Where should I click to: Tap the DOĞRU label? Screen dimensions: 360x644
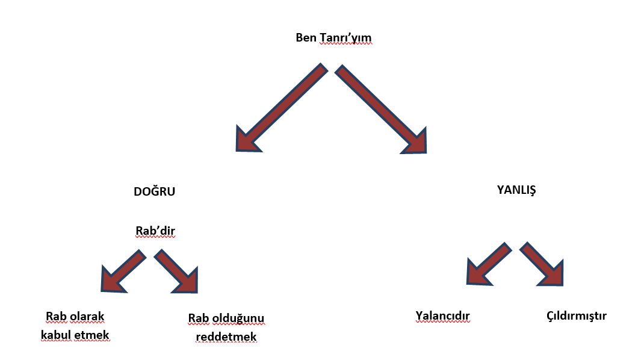(x=154, y=191)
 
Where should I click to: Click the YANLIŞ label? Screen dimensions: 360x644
(x=516, y=190)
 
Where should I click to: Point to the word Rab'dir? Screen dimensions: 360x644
(x=155, y=231)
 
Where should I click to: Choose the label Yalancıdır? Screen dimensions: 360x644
(x=442, y=316)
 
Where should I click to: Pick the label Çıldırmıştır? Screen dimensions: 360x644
(x=576, y=315)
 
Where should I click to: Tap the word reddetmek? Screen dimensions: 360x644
(x=226, y=337)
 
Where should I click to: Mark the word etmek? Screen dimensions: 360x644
(x=95, y=334)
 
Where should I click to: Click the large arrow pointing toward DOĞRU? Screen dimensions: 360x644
(x=279, y=109)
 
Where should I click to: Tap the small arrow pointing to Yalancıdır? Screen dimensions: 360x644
(x=488, y=263)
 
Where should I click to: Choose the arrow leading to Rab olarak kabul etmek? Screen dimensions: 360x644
(x=122, y=272)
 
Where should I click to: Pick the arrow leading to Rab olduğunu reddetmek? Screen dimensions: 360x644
(x=176, y=272)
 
